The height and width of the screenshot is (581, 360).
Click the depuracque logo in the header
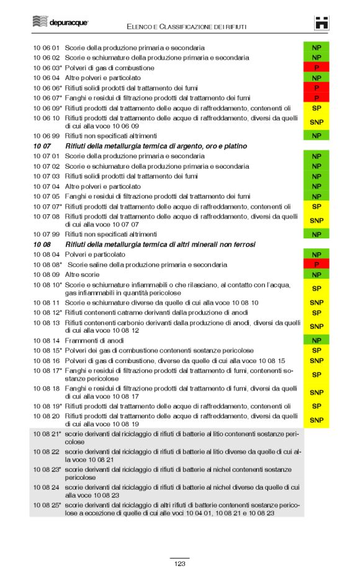[60, 23]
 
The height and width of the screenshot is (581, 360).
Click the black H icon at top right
[321, 23]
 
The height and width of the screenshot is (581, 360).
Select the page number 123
[179, 564]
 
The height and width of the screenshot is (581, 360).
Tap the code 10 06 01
[47, 47]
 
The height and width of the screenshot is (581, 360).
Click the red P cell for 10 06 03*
[316, 68]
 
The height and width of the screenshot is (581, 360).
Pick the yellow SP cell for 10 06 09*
[316, 108]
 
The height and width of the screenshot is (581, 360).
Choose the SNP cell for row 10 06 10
[316, 122]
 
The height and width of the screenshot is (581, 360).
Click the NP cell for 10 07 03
[316, 176]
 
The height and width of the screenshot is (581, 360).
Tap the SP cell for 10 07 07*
[316, 207]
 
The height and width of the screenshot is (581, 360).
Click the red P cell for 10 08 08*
[316, 264]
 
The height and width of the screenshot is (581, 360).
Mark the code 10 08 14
[47, 341]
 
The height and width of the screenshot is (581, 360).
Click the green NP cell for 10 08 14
[316, 341]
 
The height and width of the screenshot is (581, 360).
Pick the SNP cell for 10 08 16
[316, 361]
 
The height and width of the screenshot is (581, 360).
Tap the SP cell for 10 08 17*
[316, 375]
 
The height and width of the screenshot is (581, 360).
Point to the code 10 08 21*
[47, 433]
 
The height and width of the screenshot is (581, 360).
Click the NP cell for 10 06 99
[316, 135]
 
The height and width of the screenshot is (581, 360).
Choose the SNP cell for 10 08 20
[316, 420]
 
